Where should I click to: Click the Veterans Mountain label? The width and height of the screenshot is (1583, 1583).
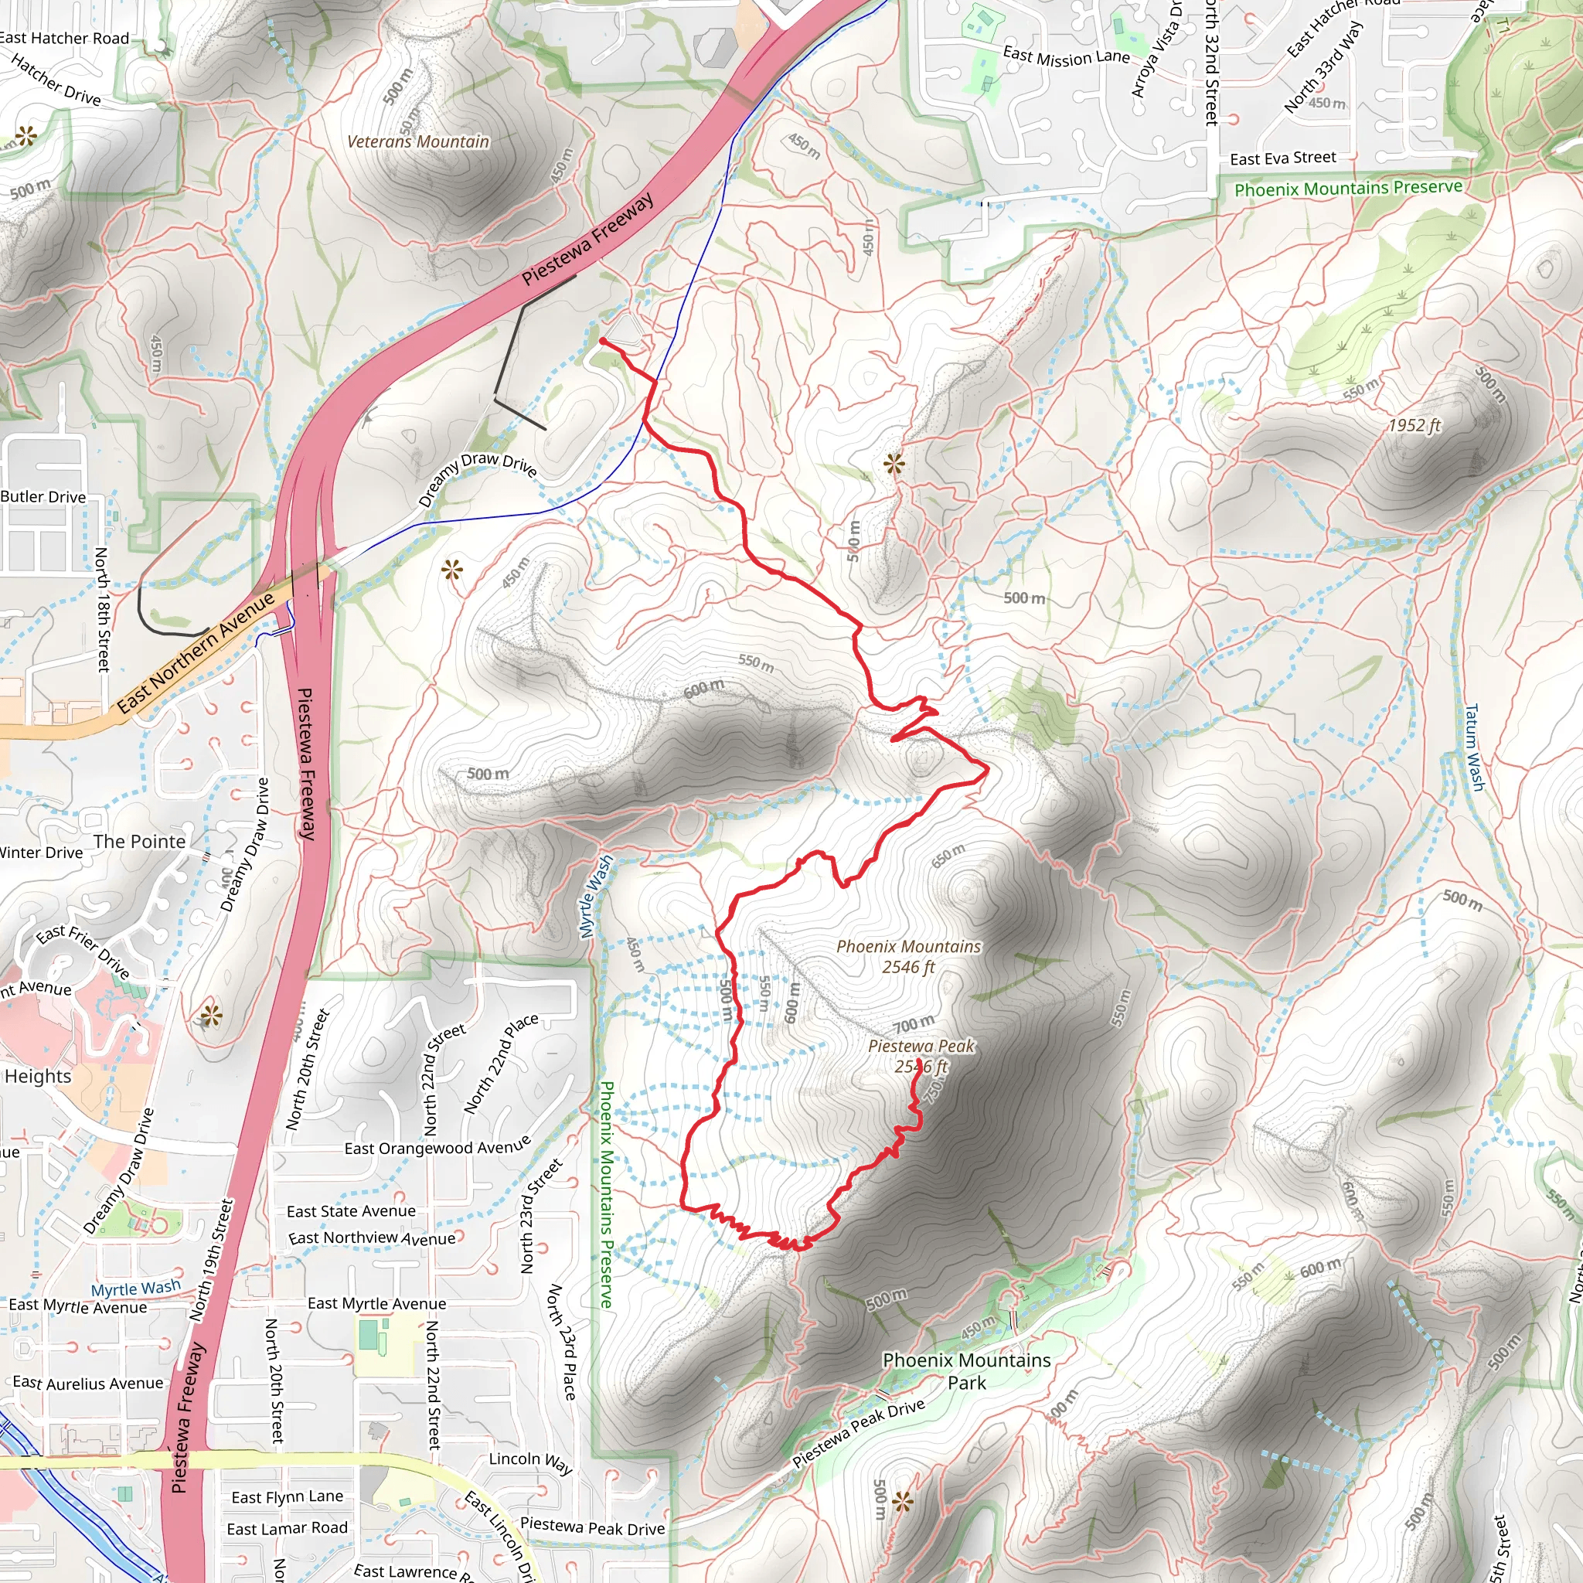pos(418,141)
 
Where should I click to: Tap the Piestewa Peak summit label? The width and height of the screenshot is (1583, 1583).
pos(922,1055)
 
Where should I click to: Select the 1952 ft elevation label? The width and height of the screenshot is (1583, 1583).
pos(1414,425)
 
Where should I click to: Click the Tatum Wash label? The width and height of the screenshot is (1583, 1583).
pos(1474,747)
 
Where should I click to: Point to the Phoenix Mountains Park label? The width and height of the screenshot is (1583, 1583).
pos(967,1370)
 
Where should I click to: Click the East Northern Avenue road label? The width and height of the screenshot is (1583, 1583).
pos(196,653)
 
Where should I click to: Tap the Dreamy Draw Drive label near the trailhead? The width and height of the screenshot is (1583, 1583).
pos(477,478)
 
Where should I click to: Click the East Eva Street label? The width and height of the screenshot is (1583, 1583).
pos(1283,158)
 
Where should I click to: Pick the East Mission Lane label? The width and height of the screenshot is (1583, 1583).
pos(1066,56)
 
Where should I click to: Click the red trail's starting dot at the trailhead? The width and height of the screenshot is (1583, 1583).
pos(603,341)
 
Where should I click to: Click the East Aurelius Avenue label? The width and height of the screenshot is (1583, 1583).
pos(87,1383)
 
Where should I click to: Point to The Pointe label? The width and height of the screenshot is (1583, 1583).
pos(139,842)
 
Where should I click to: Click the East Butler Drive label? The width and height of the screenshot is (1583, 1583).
pos(43,496)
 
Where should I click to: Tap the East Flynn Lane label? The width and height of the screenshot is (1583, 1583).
pos(287,1497)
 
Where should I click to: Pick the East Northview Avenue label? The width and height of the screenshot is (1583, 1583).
pos(371,1238)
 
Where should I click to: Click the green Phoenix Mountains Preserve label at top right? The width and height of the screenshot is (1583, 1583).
pos(1348,189)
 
